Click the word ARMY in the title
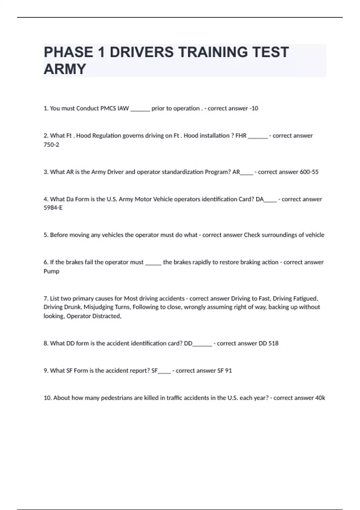click(65, 69)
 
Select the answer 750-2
click(51, 145)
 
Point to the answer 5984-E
click(53, 208)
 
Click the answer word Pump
click(51, 271)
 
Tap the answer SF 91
click(224, 370)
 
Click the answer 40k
click(320, 398)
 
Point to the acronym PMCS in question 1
click(107, 108)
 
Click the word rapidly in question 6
click(201, 262)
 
